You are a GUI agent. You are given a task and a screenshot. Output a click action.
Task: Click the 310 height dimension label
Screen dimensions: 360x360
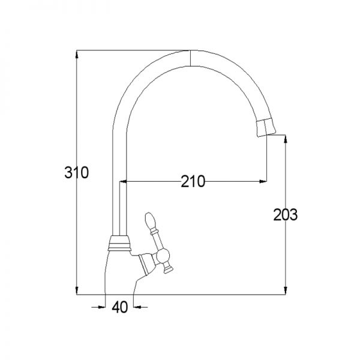[x=76, y=172]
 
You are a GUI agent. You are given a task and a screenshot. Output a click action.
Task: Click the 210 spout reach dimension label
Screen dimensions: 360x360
[x=193, y=181]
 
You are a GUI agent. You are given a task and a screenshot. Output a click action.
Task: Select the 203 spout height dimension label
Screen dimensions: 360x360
[x=286, y=215]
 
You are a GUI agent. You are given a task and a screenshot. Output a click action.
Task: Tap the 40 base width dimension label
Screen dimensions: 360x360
[x=119, y=307]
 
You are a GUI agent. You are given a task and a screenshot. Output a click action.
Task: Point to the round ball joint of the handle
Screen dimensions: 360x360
[x=163, y=256]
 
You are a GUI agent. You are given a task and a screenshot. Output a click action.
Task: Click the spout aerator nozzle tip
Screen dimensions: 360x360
[x=266, y=127]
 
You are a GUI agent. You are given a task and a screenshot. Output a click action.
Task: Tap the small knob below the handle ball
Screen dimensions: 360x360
[x=168, y=268]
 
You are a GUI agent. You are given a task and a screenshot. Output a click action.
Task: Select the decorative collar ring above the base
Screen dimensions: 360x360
[x=119, y=243]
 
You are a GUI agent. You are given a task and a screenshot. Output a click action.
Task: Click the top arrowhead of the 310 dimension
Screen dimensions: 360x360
[x=77, y=54]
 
